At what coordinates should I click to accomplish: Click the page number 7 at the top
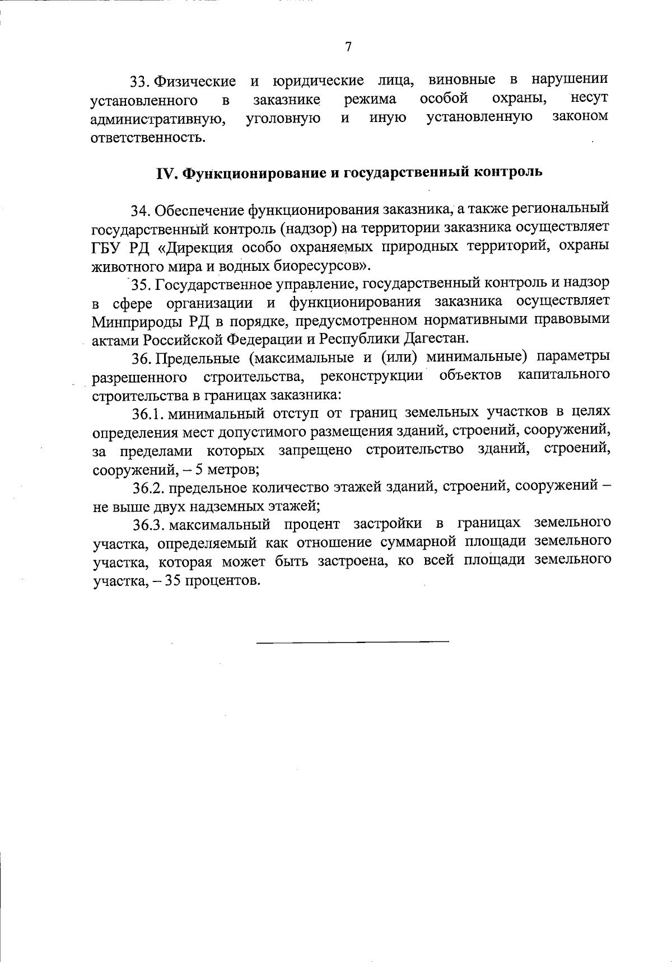348,47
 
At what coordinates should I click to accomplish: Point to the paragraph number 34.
141,211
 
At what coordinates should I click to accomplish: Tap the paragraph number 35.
141,285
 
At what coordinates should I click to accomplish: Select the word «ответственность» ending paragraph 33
147,137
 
